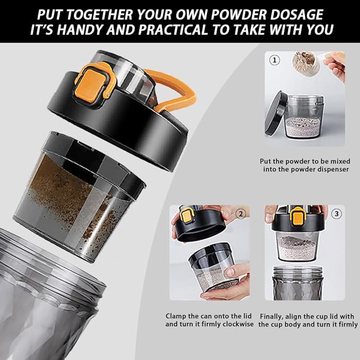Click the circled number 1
tap(274, 60)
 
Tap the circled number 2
tap(241, 214)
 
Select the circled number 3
tap(336, 214)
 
